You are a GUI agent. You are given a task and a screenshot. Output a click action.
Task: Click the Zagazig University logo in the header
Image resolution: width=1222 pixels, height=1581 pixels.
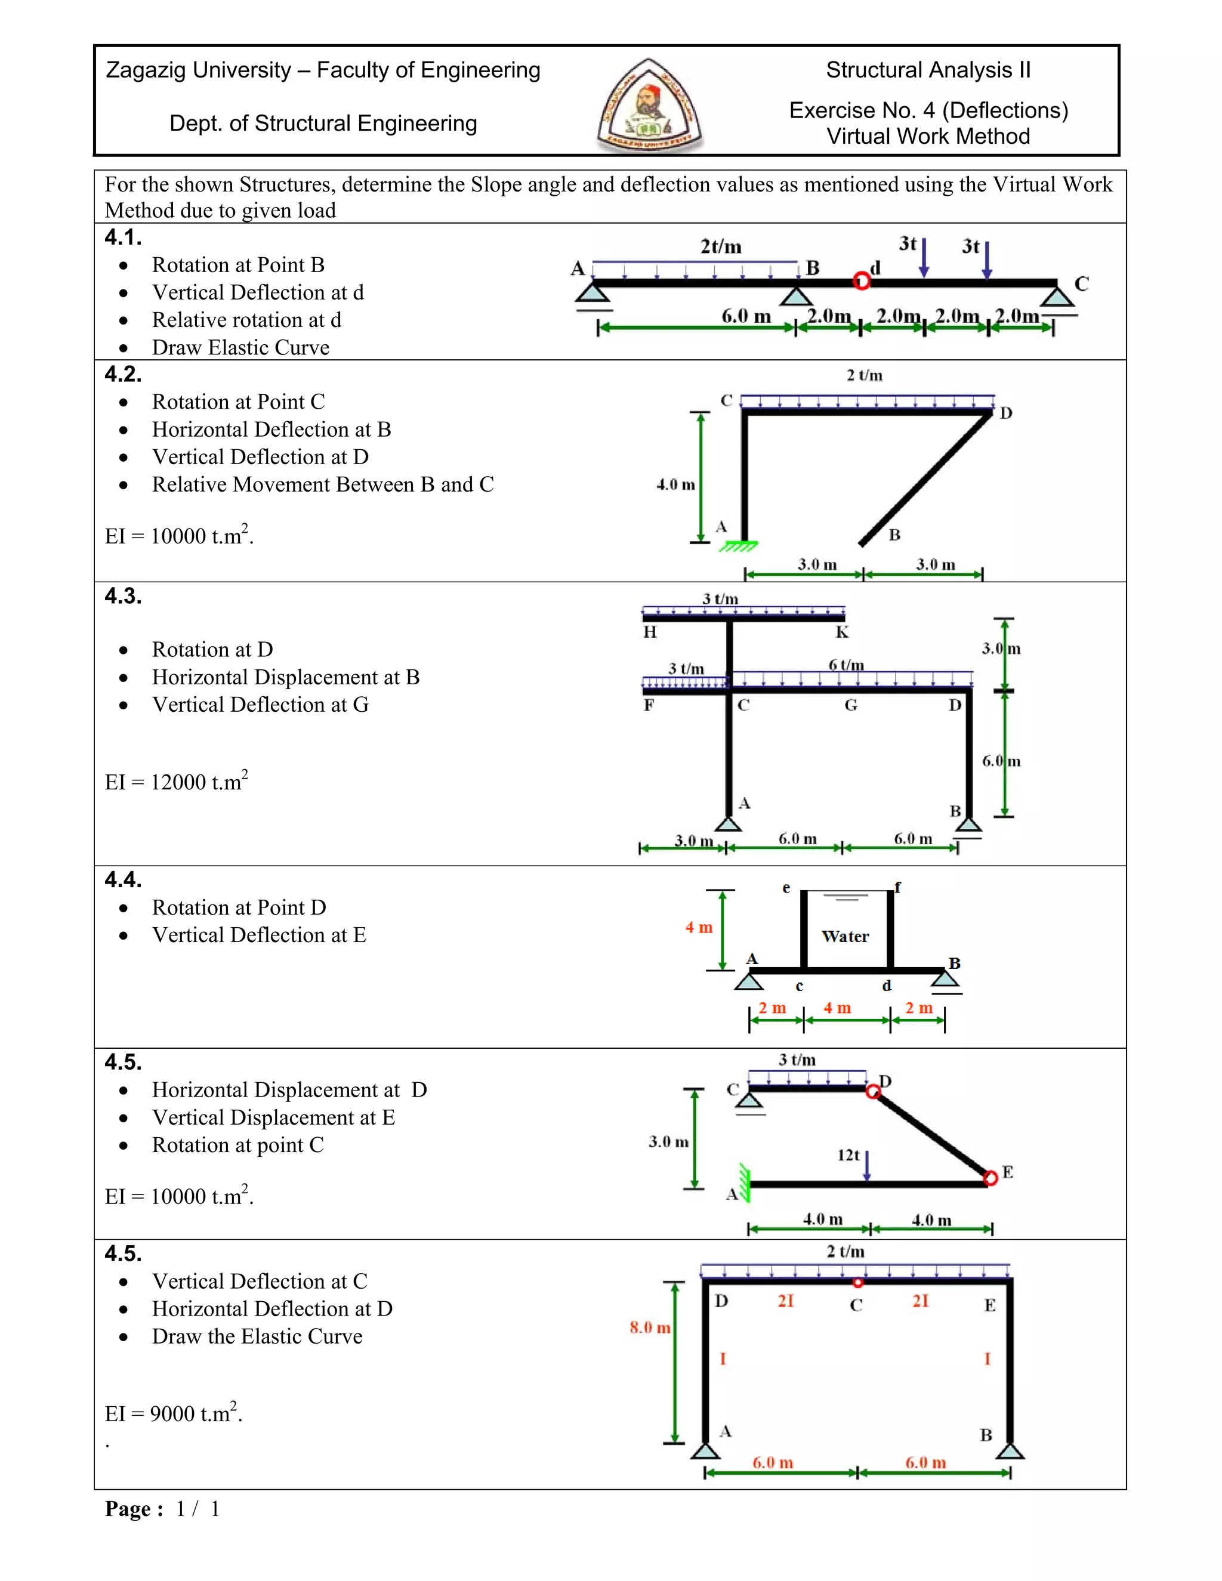click(x=649, y=105)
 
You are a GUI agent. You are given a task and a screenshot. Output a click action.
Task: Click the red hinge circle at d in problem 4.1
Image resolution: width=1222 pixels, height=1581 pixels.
click(x=861, y=280)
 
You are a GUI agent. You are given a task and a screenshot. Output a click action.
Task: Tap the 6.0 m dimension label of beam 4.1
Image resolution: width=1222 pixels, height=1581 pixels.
click(x=746, y=316)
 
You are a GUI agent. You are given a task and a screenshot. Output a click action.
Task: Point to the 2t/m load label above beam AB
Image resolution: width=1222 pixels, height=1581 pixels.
click(x=720, y=247)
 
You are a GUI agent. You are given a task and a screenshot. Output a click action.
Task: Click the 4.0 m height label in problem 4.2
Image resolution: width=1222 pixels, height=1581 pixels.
click(x=675, y=485)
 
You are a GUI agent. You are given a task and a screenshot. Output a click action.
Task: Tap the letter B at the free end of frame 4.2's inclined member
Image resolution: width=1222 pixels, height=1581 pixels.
click(x=895, y=535)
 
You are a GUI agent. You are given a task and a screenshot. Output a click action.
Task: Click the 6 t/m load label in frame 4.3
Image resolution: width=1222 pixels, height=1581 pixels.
click(x=845, y=665)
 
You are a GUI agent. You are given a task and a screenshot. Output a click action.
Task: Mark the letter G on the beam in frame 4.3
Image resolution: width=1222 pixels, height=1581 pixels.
click(x=851, y=705)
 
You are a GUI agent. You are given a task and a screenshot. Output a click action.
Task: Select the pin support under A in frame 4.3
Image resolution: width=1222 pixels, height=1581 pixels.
click(x=729, y=825)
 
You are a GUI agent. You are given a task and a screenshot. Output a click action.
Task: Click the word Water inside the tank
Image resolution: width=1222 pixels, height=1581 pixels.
click(x=845, y=937)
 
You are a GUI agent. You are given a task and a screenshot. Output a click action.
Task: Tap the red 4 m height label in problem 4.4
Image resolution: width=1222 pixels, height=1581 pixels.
click(x=699, y=927)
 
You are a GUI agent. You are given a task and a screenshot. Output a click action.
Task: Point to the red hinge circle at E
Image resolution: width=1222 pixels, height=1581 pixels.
click(x=990, y=1178)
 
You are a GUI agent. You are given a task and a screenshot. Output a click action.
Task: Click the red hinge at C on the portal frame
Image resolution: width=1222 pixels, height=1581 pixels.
click(x=858, y=1283)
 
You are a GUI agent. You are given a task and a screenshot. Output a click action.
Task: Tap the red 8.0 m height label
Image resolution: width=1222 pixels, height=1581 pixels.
click(x=649, y=1327)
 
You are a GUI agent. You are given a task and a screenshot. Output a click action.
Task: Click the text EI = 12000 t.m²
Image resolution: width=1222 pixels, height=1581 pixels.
click(x=176, y=782)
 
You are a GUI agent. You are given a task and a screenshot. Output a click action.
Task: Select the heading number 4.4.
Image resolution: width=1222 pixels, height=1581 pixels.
click(x=123, y=879)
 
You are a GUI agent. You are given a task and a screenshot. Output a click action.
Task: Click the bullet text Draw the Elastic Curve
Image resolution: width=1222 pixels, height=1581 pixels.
click(x=257, y=1336)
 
